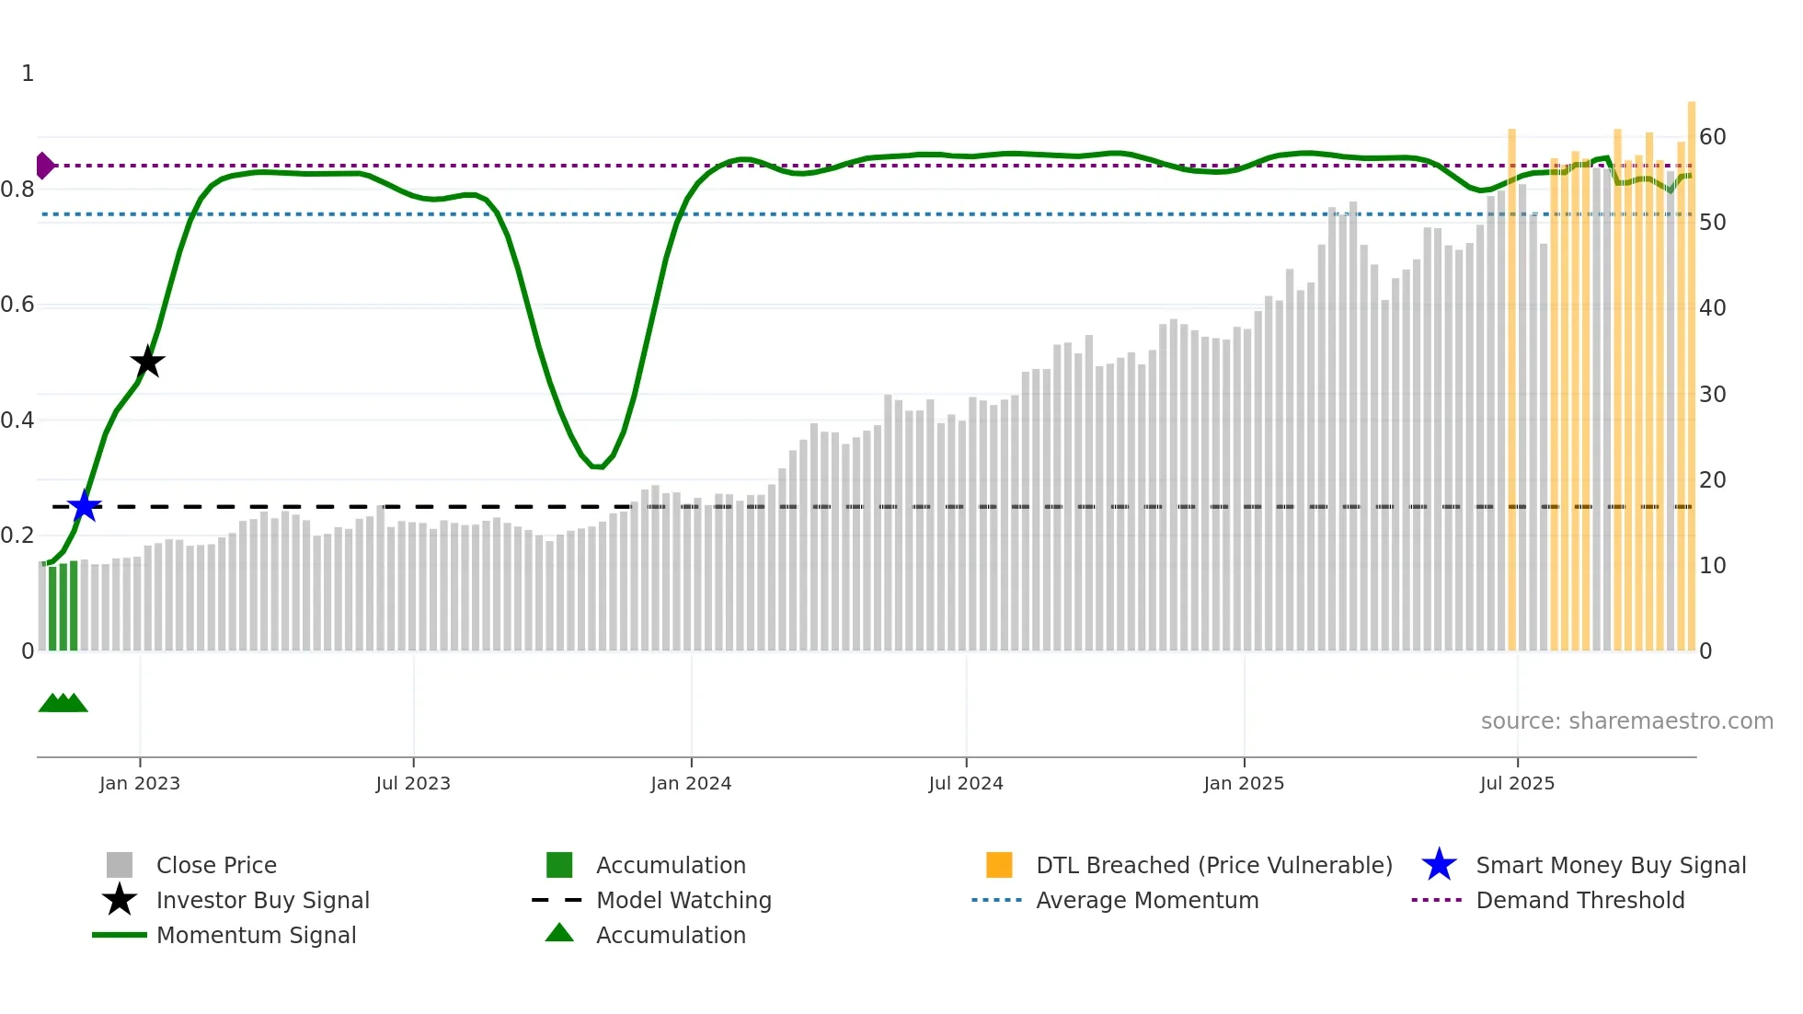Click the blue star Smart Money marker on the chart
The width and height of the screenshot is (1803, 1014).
tap(84, 506)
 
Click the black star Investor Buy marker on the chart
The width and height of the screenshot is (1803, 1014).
tap(147, 362)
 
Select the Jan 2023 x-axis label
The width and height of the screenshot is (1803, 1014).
tap(140, 783)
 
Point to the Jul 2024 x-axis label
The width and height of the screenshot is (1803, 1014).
tap(966, 783)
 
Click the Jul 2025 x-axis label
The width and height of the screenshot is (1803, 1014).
tap(1517, 783)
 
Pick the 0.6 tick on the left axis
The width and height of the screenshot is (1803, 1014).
tap(17, 305)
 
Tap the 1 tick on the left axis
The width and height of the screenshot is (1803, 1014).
tap(28, 74)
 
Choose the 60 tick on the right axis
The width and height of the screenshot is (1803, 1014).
tap(1712, 137)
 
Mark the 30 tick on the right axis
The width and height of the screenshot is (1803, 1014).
tap(1712, 394)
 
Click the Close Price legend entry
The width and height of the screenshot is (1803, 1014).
tap(216, 865)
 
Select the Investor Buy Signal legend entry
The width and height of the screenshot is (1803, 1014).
tap(262, 900)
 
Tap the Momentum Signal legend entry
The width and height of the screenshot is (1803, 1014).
tap(256, 935)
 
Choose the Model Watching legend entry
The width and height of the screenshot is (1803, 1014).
tap(683, 900)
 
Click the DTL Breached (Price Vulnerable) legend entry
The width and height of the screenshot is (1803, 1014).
tap(1213, 865)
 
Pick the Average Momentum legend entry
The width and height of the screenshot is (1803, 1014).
tap(1147, 900)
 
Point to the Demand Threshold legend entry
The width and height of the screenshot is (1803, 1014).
tap(1579, 900)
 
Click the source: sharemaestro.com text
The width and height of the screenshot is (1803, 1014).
tap(1626, 721)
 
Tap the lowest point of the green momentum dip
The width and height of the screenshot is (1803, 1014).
tap(598, 467)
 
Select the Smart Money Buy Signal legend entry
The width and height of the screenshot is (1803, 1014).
tap(1610, 865)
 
